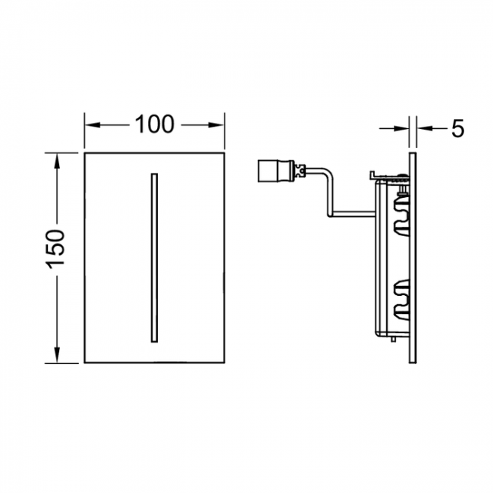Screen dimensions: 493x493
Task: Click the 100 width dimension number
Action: pyautogui.click(x=155, y=124)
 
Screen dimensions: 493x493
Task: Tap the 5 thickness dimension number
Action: pyautogui.click(x=458, y=128)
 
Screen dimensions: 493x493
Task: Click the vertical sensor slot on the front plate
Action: pyautogui.click(x=155, y=258)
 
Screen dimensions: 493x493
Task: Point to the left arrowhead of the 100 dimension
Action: pyautogui.click(x=93, y=125)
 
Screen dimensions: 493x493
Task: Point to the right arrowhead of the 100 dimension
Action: pyautogui.click(x=216, y=125)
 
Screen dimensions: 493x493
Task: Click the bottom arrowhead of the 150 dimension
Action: pyautogui.click(x=57, y=355)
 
